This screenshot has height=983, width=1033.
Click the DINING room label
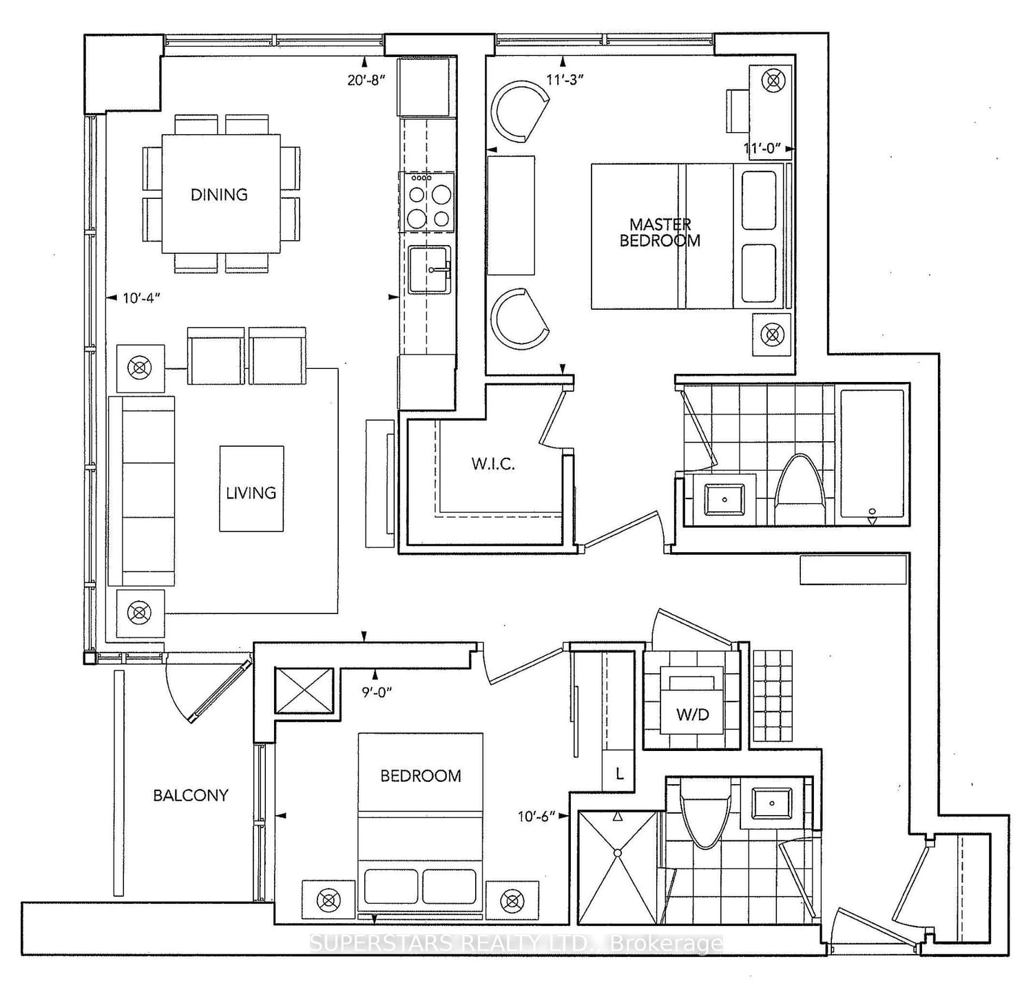coord(219,195)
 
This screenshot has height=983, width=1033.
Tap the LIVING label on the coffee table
coord(251,493)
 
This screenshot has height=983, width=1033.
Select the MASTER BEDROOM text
coord(660,233)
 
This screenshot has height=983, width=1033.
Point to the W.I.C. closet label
coord(493,464)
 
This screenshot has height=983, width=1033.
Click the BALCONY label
coord(190,795)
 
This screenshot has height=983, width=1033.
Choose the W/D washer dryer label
coord(692,715)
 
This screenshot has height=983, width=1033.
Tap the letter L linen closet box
coord(619,774)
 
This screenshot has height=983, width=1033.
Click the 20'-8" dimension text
coord(366,79)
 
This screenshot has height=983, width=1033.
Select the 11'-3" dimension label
coord(565,79)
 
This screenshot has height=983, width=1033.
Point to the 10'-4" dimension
coord(141,298)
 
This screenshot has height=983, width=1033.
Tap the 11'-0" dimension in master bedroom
coord(762,148)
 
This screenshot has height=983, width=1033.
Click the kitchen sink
coord(429,270)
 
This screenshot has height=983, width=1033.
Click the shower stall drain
coord(618,853)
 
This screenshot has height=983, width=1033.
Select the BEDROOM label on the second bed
coord(421,776)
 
